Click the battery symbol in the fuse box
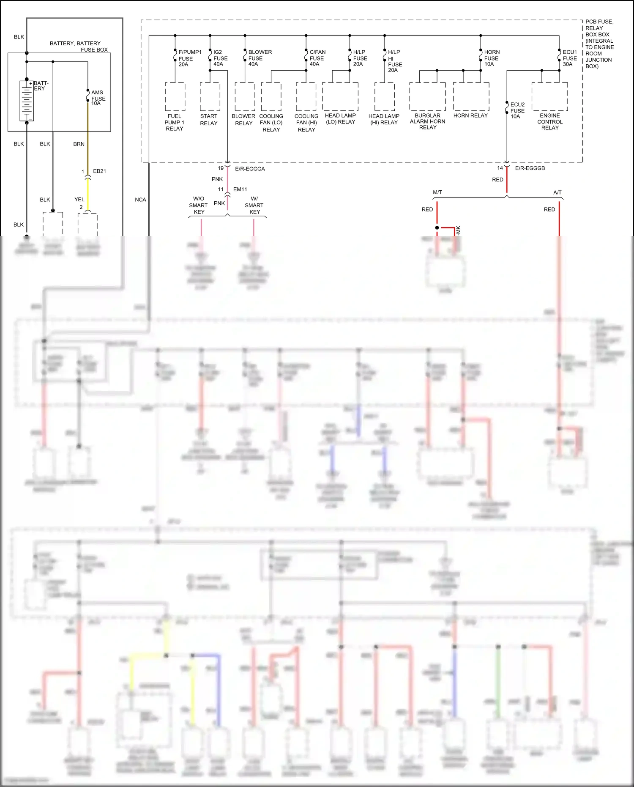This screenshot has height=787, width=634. click(27, 101)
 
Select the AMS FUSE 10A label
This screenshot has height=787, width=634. click(98, 98)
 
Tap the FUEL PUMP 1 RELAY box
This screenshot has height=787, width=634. click(175, 97)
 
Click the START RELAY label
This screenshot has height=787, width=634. click(209, 120)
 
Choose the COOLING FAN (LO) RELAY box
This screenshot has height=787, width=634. click(271, 97)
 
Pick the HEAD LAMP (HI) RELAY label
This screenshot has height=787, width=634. click(384, 119)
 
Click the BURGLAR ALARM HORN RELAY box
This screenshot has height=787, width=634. click(427, 97)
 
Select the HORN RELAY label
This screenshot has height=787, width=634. click(470, 115)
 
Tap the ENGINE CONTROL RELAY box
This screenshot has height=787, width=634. click(549, 97)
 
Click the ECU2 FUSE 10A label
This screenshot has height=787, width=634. click(517, 110)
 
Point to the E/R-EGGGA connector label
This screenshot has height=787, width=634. click(250, 169)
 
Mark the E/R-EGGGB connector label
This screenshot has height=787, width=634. click(530, 168)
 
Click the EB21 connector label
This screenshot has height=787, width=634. click(99, 171)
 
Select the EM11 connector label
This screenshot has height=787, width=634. click(240, 189)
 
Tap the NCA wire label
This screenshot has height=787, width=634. click(140, 200)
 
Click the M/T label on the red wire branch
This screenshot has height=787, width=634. click(437, 192)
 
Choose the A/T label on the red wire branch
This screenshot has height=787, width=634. click(557, 192)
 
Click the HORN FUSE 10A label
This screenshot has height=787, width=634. click(491, 58)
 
